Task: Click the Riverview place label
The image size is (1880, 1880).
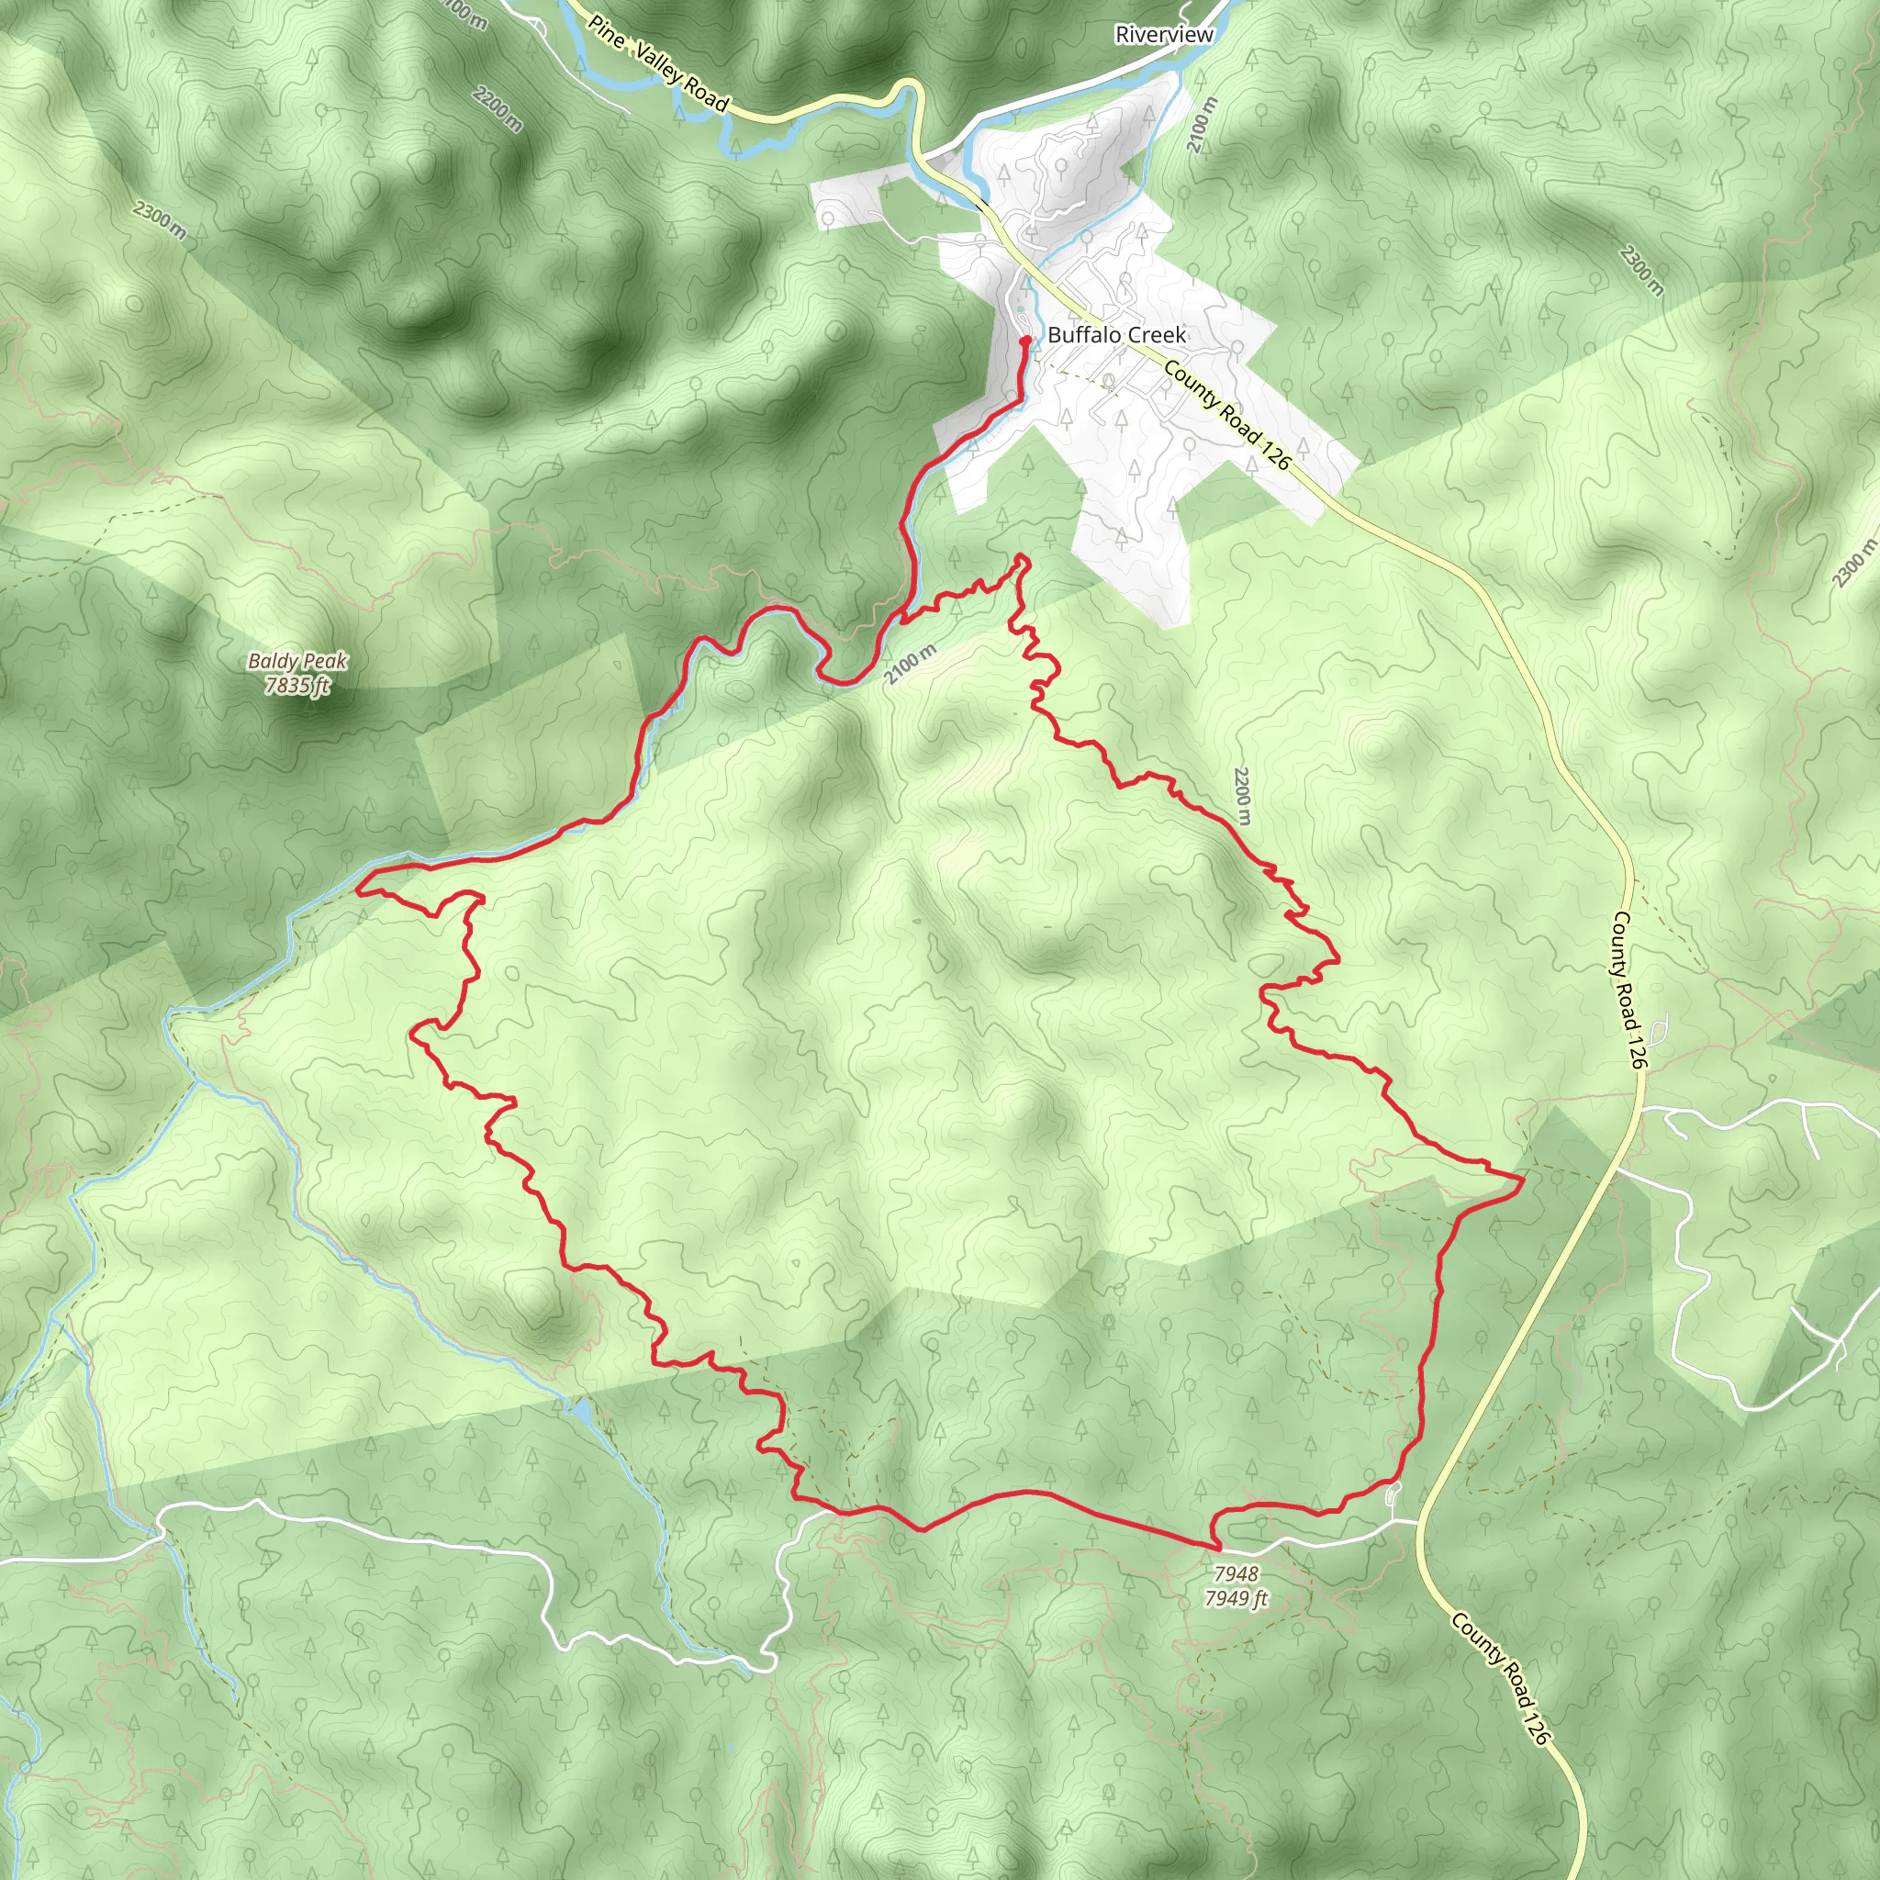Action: point(1164,35)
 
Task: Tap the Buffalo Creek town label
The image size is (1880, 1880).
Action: point(1116,335)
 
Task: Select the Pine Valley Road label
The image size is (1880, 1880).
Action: point(658,63)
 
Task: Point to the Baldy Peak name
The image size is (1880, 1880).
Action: point(297,662)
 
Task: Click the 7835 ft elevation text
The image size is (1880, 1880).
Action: point(297,686)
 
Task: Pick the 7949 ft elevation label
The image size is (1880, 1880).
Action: point(1236,1598)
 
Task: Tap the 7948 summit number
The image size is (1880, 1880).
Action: point(1236,1573)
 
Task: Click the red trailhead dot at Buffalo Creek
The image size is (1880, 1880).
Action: point(1025,341)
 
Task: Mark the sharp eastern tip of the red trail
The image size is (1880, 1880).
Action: point(1522,1178)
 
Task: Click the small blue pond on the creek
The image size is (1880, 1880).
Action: point(581,1409)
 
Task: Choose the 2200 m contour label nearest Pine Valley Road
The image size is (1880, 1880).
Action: point(498,109)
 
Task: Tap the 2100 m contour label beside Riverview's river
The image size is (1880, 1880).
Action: point(1203,125)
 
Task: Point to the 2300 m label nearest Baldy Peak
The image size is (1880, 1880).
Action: point(161,220)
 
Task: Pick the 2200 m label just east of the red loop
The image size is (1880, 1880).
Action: point(1242,796)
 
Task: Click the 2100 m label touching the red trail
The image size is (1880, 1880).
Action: point(911,665)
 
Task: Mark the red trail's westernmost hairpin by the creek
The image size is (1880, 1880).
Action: point(359,889)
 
